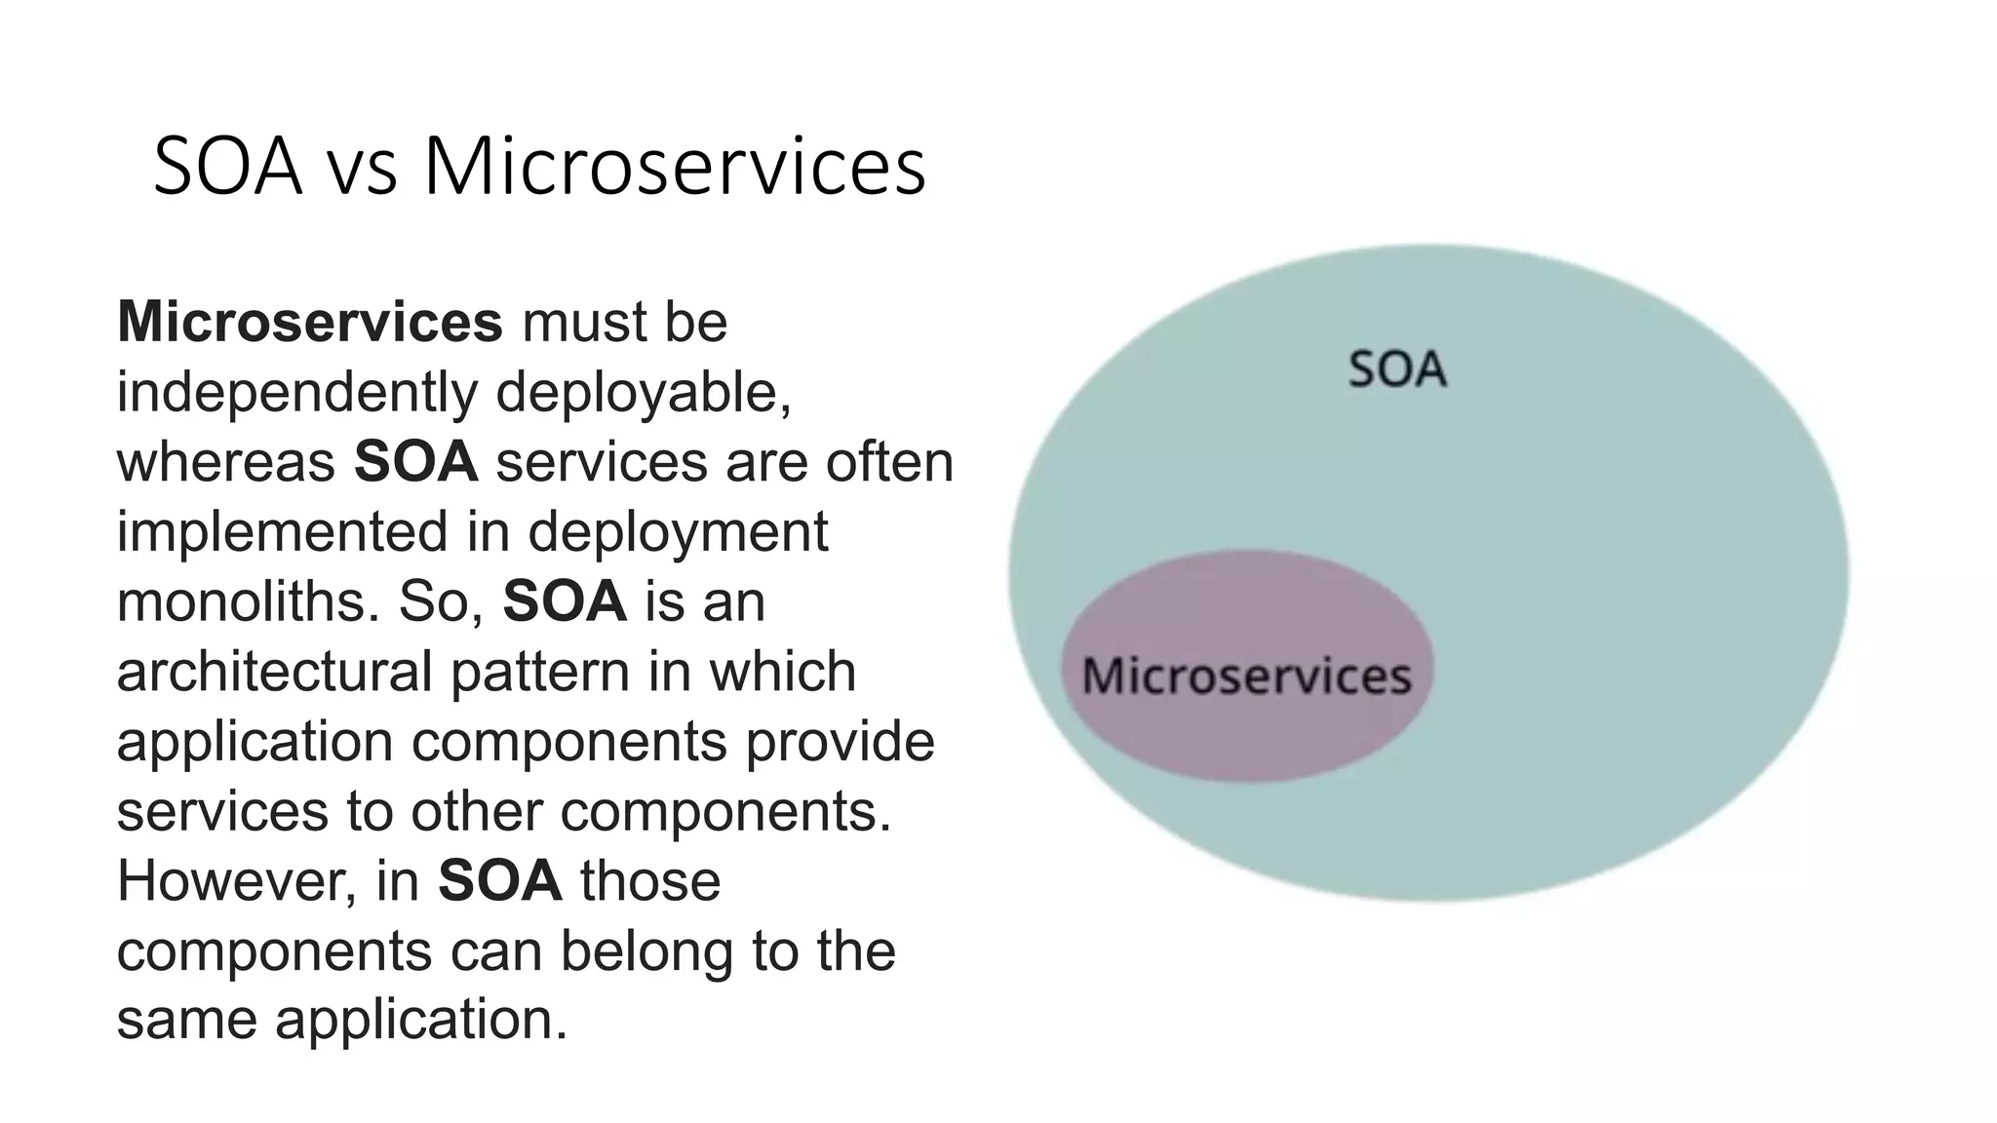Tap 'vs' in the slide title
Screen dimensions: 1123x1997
click(362, 168)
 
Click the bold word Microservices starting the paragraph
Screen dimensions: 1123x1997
click(309, 322)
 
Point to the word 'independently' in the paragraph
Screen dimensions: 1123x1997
click(297, 393)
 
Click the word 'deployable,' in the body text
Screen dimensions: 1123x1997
click(644, 393)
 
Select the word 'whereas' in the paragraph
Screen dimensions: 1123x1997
click(226, 462)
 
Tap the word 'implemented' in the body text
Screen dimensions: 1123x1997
click(282, 532)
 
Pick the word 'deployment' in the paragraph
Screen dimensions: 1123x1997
click(679, 532)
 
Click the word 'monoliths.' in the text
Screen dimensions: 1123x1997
click(248, 601)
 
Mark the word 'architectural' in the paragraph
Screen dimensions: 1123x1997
click(274, 672)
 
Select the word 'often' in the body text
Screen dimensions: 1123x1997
click(890, 462)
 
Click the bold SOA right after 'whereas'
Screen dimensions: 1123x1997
click(416, 462)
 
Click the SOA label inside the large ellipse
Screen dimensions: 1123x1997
click(1397, 370)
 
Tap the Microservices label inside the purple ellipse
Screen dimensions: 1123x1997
click(1247, 676)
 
